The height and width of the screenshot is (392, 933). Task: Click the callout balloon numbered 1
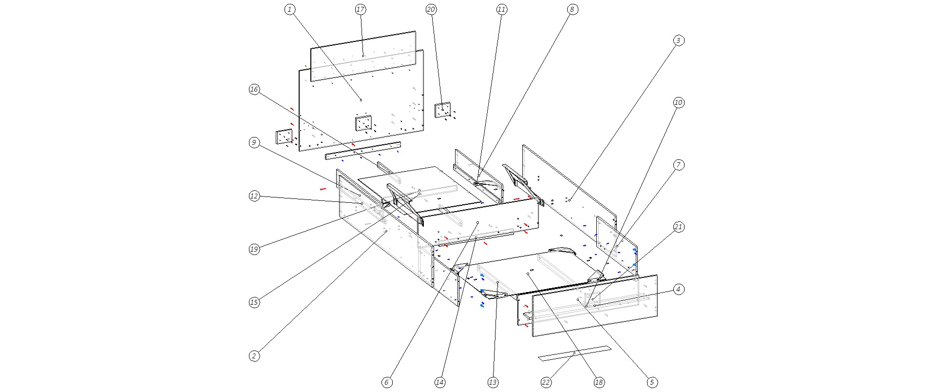pyautogui.click(x=290, y=9)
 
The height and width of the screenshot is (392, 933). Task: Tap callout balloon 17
pyautogui.click(x=361, y=9)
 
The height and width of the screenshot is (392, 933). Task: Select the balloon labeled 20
pyautogui.click(x=431, y=9)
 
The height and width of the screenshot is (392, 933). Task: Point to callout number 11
pyautogui.click(x=502, y=9)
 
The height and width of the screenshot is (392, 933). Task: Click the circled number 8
pyautogui.click(x=572, y=9)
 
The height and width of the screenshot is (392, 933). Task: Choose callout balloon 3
pyautogui.click(x=678, y=40)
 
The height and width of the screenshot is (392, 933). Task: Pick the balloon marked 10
pyautogui.click(x=678, y=102)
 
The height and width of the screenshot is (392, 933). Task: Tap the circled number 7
pyautogui.click(x=678, y=165)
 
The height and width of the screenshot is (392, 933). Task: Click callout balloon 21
pyautogui.click(x=678, y=227)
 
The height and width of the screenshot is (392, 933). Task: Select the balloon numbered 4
pyautogui.click(x=678, y=289)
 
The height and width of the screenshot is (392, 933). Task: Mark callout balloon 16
pyautogui.click(x=254, y=89)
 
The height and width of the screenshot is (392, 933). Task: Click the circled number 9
pyautogui.click(x=254, y=142)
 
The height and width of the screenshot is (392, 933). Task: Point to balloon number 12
pyautogui.click(x=254, y=196)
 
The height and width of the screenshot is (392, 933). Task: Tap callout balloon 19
pyautogui.click(x=254, y=249)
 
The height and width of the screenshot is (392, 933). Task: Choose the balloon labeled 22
pyautogui.click(x=546, y=383)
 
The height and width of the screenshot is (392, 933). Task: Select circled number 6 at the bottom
pyautogui.click(x=386, y=383)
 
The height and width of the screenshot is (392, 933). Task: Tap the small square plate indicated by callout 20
pyautogui.click(x=443, y=110)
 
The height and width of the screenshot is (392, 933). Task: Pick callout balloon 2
pyautogui.click(x=254, y=356)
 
